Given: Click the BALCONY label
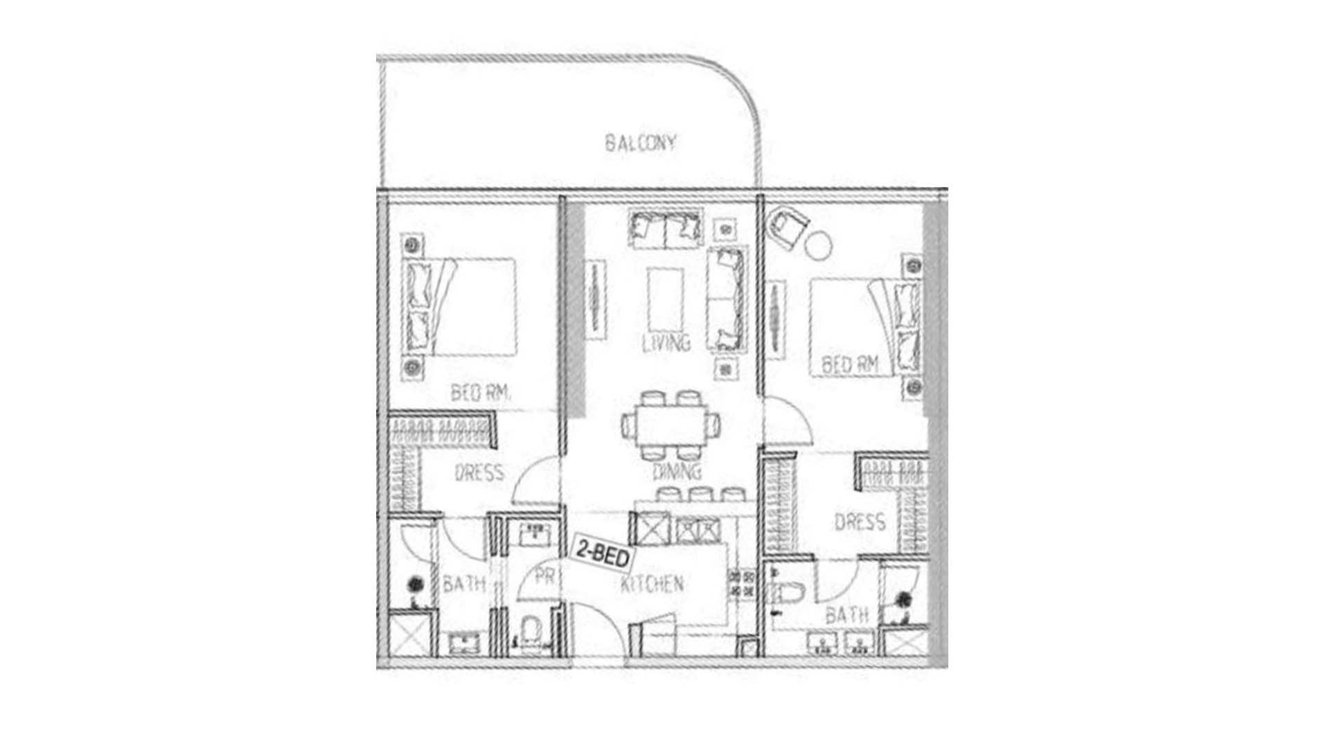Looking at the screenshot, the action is pos(640,143).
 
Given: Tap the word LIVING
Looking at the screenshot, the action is pos(666,343).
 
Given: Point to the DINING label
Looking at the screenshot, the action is pos(677,472).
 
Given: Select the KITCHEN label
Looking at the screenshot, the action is pos(652,584).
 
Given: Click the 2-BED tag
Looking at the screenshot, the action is pos(602,558).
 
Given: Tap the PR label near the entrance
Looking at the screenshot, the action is pos(546,576).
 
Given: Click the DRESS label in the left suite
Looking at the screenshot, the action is pos(479,473).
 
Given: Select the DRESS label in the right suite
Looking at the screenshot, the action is pos(860,522).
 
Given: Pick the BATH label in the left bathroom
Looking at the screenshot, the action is pos(464,584).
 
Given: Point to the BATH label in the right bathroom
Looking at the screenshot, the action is pos(846,614).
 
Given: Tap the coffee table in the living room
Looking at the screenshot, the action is pos(666,300).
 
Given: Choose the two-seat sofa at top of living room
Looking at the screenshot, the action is pos(665,228).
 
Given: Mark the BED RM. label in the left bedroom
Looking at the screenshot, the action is pos(481,393).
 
